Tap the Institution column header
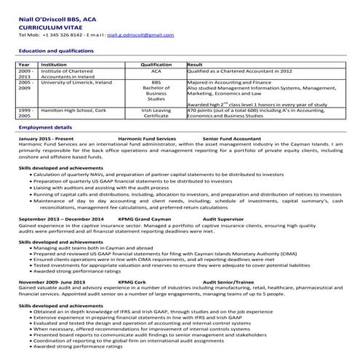[55, 65]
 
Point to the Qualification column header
[155, 65]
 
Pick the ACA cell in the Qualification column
[155, 72]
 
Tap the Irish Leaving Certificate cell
[155, 113]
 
